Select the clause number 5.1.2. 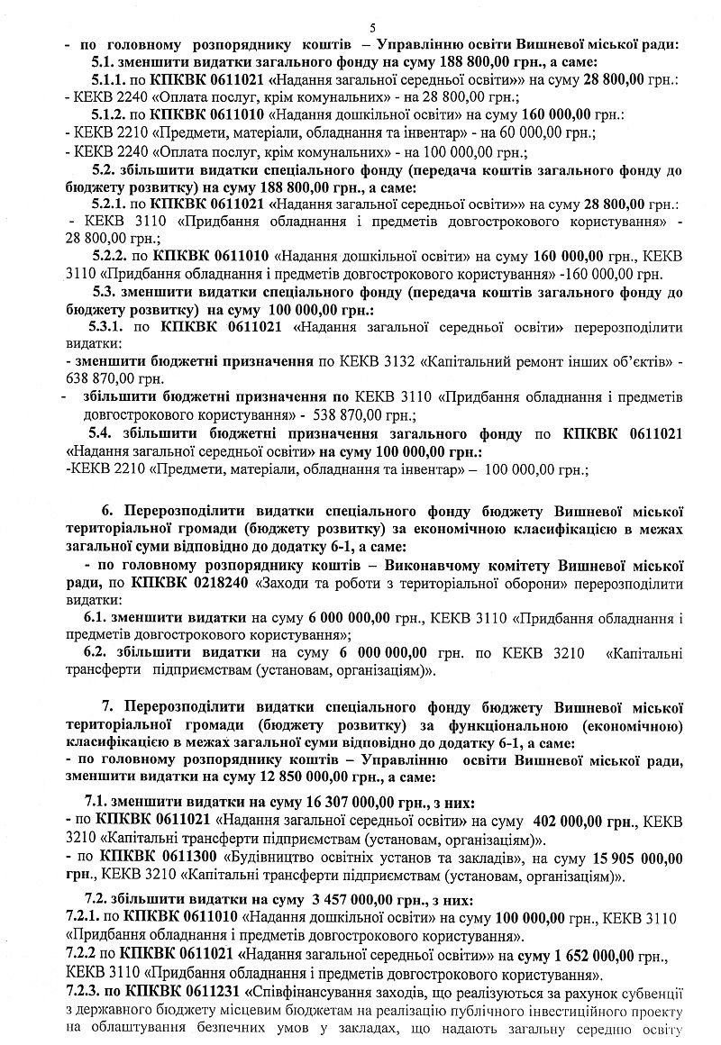[x=113, y=116]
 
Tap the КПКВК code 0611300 [x=185, y=855]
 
